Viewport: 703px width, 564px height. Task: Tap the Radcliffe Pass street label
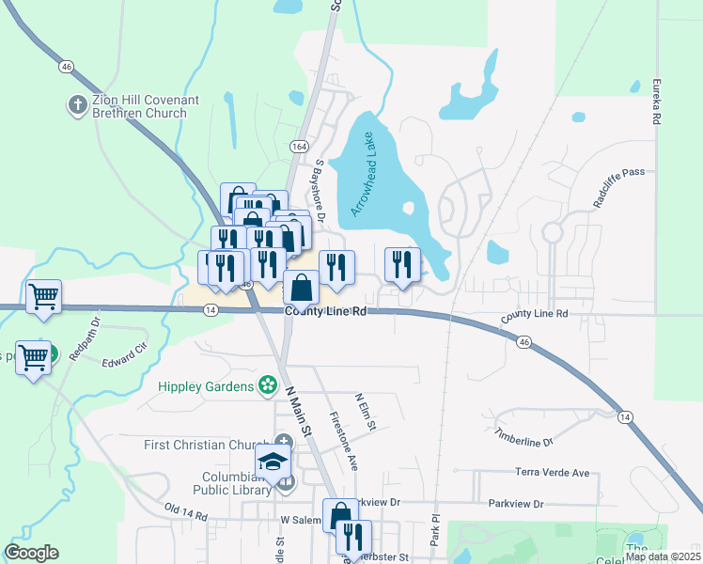[617, 173]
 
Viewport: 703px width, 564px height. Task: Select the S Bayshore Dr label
[320, 191]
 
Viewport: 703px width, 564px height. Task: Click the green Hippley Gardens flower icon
[268, 385]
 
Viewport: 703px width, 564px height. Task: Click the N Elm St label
[366, 413]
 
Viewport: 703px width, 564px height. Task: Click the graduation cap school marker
[273, 461]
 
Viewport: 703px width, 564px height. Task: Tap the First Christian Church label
[205, 445]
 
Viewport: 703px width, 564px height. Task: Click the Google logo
[32, 552]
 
